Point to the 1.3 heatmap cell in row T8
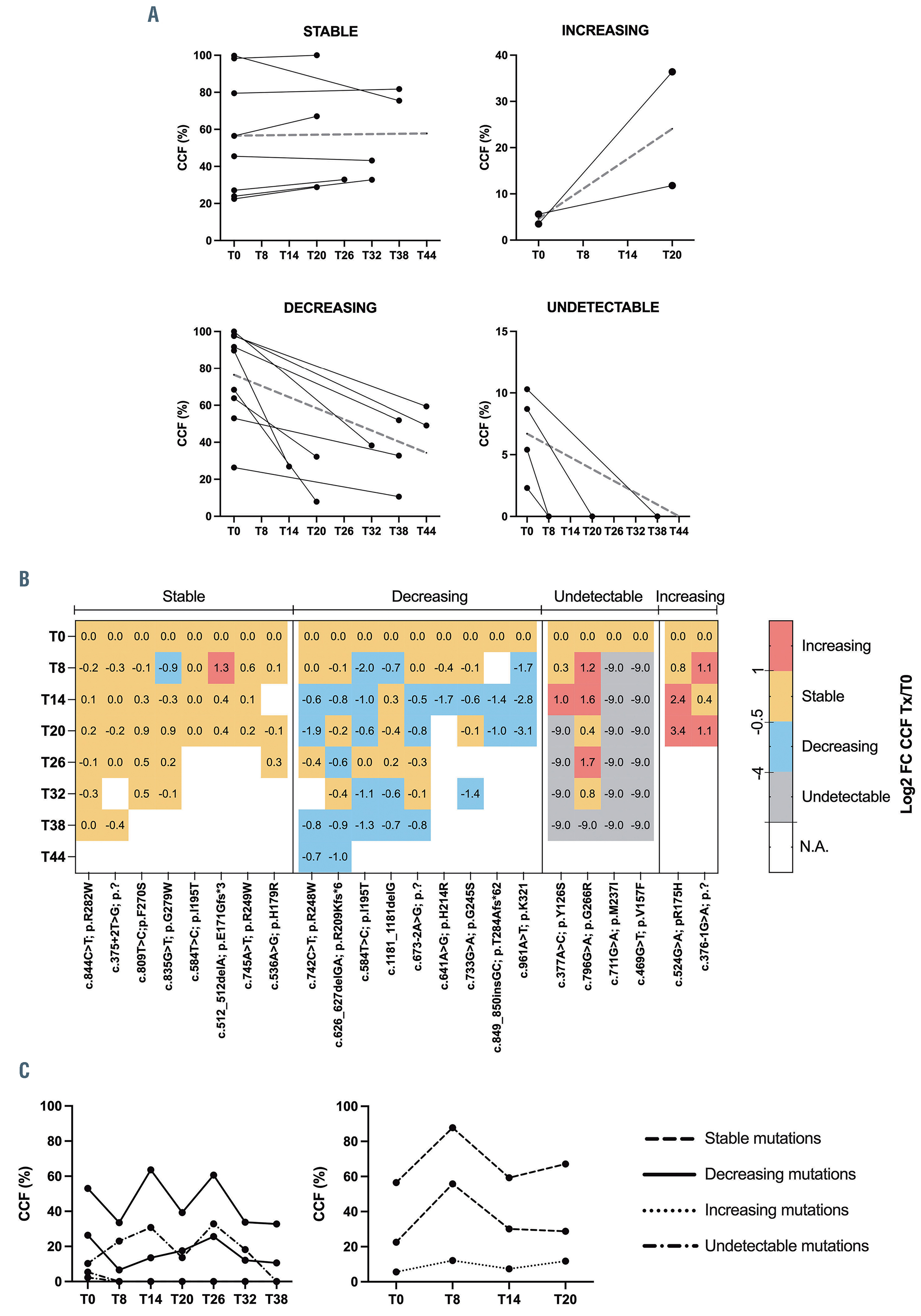point(221,668)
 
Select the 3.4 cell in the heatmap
point(678,731)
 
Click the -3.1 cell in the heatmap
point(523,731)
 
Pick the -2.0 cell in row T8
point(364,668)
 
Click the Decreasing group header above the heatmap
point(429,597)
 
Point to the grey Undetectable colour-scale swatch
point(781,797)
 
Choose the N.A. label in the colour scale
point(814,847)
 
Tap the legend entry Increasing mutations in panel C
point(776,1210)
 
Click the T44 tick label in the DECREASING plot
point(426,531)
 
